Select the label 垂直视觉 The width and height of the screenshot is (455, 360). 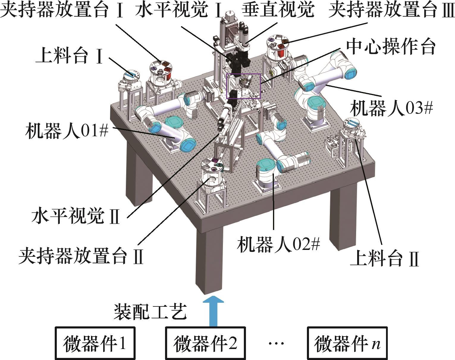[x=277, y=10]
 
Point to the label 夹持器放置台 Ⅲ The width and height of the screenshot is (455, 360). [x=391, y=10]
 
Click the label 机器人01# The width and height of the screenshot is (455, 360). [x=67, y=131]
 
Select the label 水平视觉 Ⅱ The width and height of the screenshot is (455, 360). [x=76, y=216]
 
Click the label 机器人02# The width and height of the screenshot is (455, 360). [x=278, y=245]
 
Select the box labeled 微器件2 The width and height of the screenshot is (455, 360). [x=205, y=343]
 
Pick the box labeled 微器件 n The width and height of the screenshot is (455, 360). [x=347, y=343]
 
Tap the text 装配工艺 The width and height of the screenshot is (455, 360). [x=150, y=312]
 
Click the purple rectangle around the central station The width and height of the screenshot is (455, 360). [x=244, y=86]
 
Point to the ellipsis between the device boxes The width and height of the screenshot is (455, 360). [x=276, y=344]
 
